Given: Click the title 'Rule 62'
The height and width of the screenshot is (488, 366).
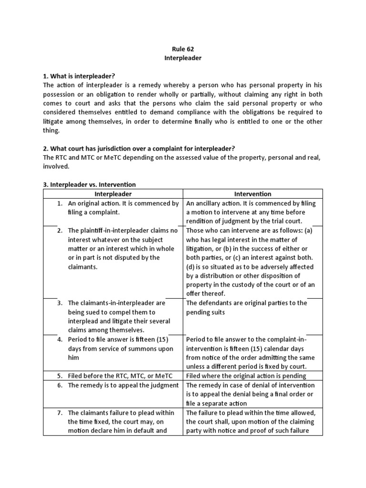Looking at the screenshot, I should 183,49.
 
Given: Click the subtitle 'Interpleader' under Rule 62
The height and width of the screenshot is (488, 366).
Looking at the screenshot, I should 183,58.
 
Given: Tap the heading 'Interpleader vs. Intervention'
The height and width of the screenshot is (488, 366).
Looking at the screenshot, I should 89,184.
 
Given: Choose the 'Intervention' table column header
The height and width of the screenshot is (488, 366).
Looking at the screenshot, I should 253,194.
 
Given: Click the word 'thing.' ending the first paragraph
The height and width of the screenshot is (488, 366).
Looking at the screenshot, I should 52,131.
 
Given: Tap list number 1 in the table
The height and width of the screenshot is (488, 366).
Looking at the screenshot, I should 60,203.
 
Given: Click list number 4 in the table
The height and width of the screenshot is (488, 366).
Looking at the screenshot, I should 60,339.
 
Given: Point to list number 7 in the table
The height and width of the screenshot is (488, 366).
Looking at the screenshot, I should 60,413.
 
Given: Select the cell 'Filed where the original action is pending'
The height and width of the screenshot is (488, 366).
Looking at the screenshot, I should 246,376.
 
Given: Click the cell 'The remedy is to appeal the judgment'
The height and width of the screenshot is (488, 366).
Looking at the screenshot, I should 123,385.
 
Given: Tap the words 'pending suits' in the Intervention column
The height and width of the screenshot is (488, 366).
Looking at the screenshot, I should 205,312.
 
